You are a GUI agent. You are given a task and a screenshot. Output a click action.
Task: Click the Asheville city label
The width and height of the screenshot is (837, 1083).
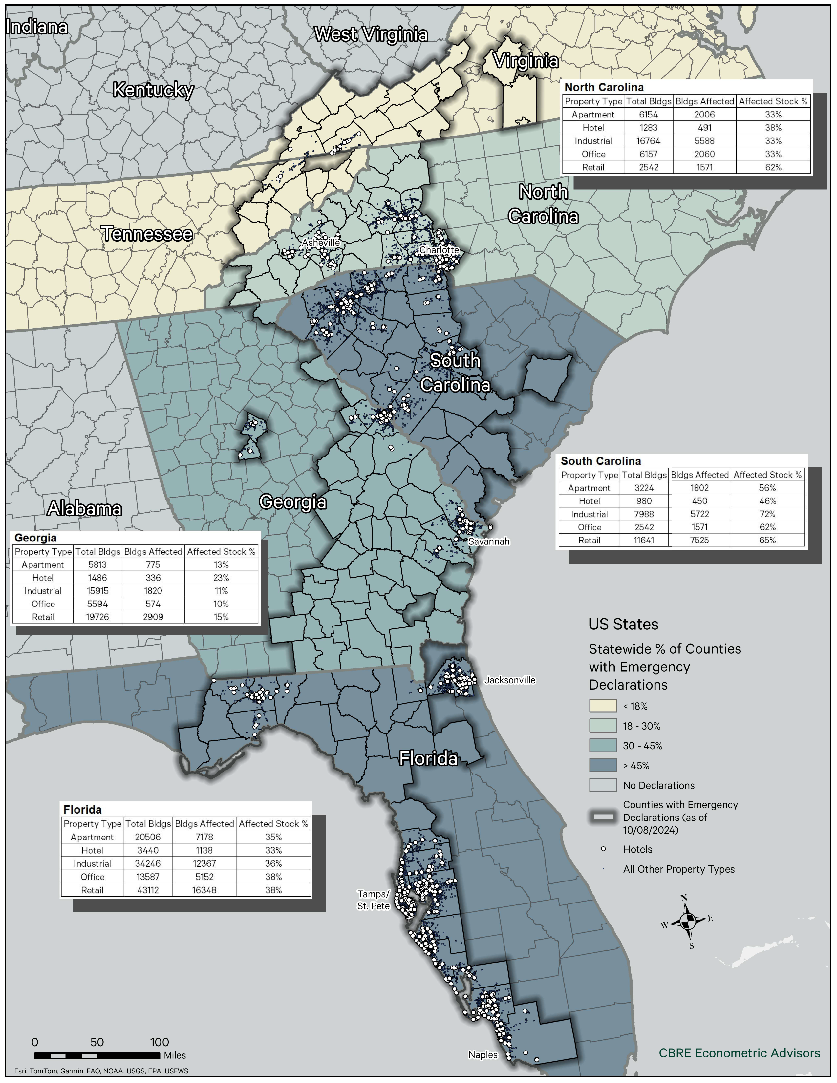tap(321, 243)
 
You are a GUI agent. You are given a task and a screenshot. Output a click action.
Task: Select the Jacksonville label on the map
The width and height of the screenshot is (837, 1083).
tap(510, 680)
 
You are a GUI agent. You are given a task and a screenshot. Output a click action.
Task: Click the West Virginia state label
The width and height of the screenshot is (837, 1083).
tap(371, 34)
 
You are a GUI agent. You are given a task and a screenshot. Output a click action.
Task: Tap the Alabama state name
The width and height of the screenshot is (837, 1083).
tap(84, 508)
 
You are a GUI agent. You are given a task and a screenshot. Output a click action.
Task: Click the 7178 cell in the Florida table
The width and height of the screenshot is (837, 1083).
tap(204, 837)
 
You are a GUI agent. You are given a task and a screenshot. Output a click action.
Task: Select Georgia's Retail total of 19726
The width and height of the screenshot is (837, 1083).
tap(97, 617)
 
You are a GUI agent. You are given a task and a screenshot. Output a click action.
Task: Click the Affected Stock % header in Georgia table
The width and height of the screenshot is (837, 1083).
tap(221, 551)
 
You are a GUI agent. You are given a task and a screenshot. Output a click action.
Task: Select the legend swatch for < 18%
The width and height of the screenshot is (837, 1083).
tap(603, 706)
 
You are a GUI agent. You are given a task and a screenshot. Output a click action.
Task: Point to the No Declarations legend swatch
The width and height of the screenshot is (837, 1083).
tap(603, 785)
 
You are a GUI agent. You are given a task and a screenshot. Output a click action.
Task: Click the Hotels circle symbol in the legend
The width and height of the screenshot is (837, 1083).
tap(603, 849)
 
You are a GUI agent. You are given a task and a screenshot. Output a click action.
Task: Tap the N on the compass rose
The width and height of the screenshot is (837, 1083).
tap(684, 898)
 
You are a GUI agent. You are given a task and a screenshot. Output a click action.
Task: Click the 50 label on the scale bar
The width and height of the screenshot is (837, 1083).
tap(97, 1042)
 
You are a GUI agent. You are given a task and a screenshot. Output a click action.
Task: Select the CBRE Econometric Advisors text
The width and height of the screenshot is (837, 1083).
tap(739, 1053)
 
